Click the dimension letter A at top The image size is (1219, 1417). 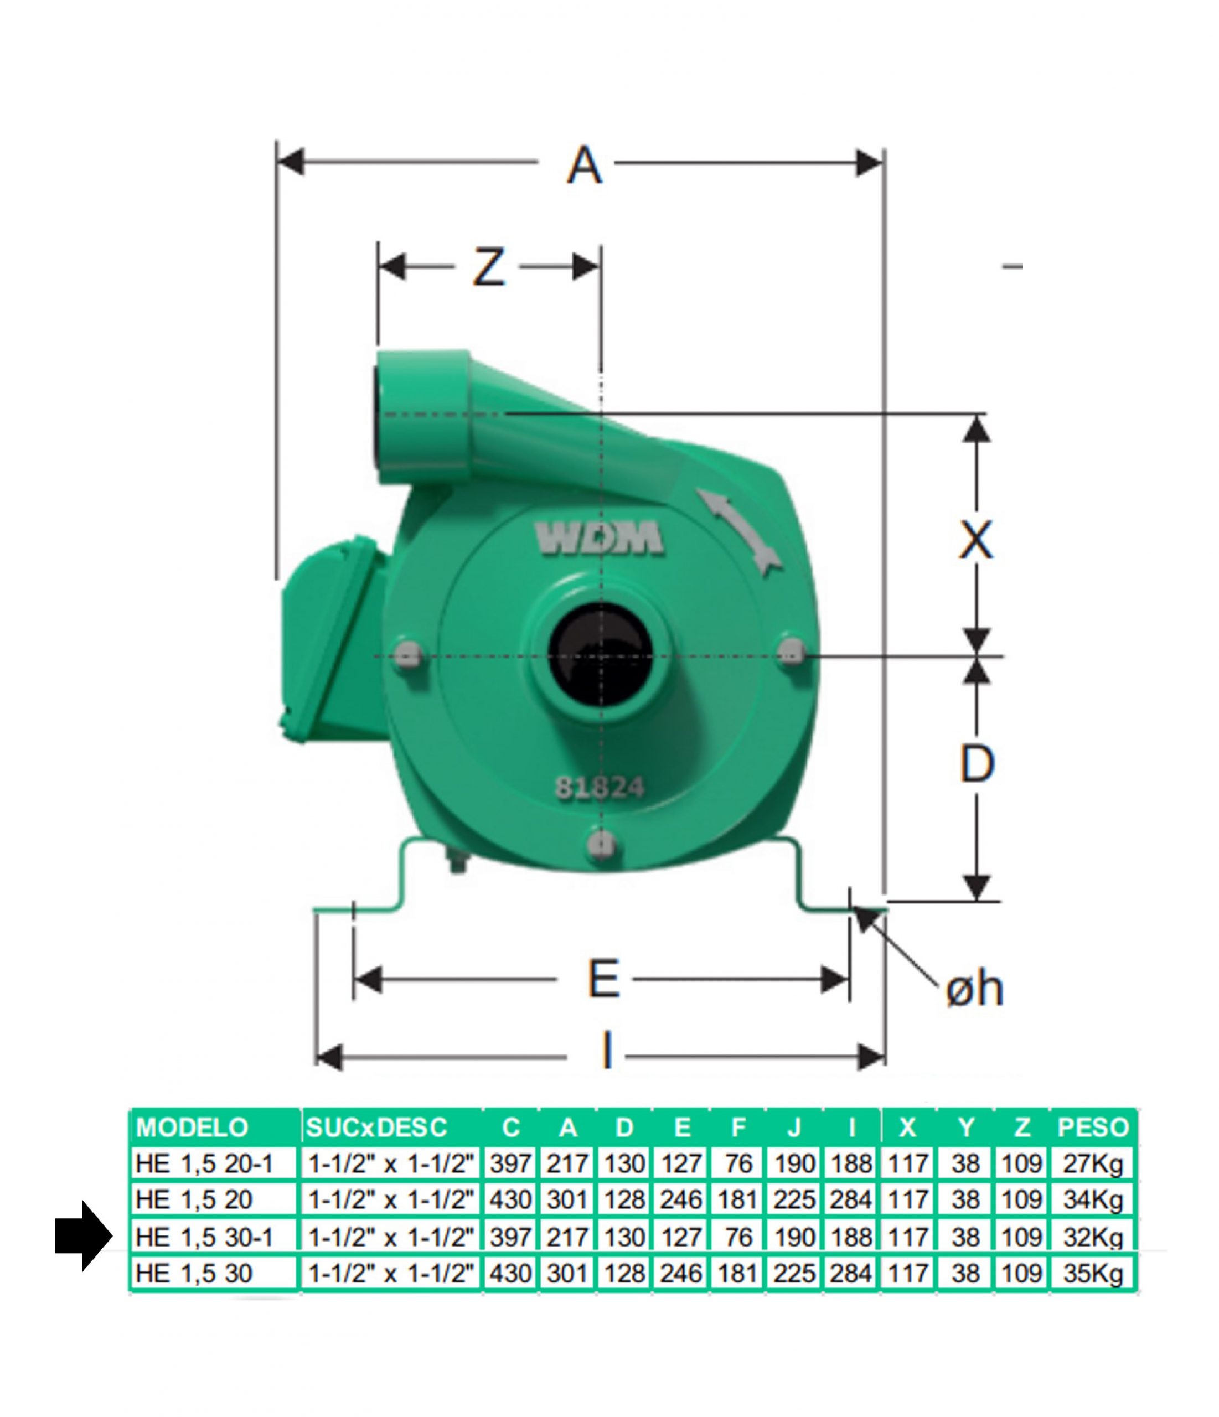click(x=584, y=166)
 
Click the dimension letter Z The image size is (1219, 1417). click(x=488, y=267)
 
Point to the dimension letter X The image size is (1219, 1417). click(x=976, y=540)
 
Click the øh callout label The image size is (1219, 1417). click(x=974, y=990)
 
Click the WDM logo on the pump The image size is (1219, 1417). click(x=599, y=537)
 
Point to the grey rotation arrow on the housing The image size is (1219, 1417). click(x=737, y=531)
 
